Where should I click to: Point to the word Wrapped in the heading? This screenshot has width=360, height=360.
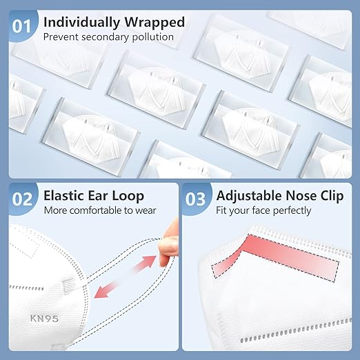click(x=156, y=22)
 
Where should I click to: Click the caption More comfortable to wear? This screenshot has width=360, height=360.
click(x=100, y=210)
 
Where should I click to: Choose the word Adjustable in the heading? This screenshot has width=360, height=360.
click(x=249, y=195)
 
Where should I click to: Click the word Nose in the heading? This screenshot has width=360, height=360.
click(x=303, y=195)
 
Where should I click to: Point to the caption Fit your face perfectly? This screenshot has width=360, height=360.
click(x=264, y=210)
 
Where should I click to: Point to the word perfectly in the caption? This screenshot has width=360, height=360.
click(x=290, y=210)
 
